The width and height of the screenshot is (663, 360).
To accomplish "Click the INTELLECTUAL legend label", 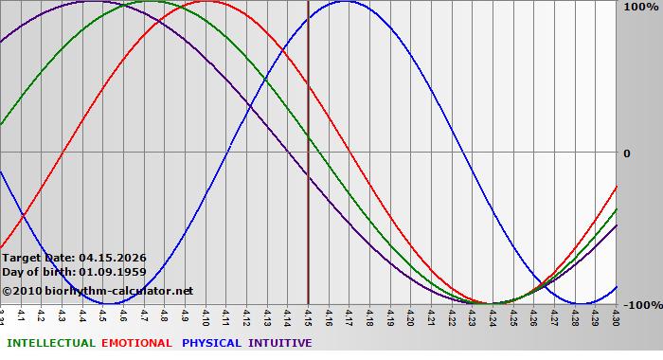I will (50, 343).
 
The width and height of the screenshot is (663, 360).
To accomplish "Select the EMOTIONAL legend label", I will (136, 343).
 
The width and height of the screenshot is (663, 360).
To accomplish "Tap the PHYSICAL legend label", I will (212, 343).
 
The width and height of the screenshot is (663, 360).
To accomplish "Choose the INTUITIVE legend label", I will (280, 343).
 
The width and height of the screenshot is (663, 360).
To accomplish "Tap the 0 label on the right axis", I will (627, 153).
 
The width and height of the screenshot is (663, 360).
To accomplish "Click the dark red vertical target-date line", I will (309, 189).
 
